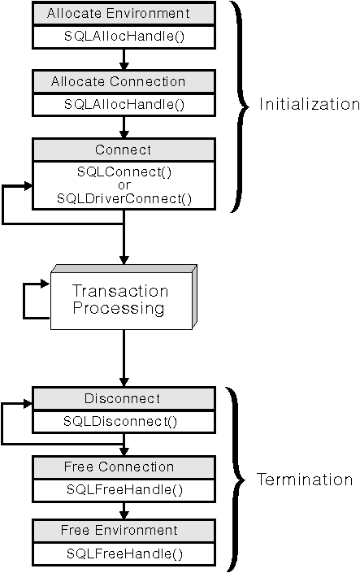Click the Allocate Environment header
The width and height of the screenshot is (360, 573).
(x=124, y=14)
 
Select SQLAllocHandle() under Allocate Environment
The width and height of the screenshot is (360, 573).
(x=124, y=37)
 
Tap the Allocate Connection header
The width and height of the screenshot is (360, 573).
(x=124, y=81)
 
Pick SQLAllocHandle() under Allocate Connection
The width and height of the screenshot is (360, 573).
(x=124, y=104)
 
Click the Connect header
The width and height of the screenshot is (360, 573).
(x=124, y=150)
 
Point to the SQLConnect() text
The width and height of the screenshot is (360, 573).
(x=124, y=172)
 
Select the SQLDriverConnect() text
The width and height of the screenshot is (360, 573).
(x=124, y=198)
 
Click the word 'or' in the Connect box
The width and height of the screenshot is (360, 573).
(x=124, y=185)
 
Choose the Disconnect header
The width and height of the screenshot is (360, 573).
(x=124, y=398)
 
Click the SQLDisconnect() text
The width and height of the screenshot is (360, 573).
(x=124, y=421)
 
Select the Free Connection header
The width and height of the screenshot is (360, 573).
(x=124, y=467)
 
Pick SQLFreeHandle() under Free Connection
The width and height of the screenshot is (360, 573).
(x=124, y=489)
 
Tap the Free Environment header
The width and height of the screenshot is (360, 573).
(x=124, y=530)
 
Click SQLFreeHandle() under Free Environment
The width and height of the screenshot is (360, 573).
(x=124, y=553)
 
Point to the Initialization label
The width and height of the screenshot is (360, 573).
(x=308, y=104)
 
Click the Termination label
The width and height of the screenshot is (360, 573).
(x=305, y=480)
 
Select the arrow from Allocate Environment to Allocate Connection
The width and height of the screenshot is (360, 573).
(x=124, y=59)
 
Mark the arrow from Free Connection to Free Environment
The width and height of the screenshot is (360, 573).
(x=124, y=510)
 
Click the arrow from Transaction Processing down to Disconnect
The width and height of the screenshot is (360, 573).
(x=124, y=358)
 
